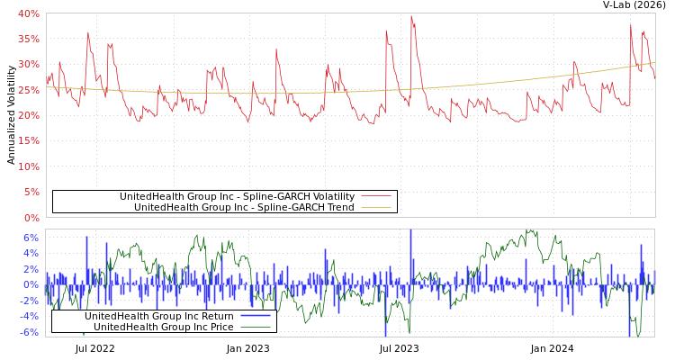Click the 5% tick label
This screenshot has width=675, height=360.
(x=31, y=192)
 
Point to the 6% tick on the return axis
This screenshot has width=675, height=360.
(x=31, y=238)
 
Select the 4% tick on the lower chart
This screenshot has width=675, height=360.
(x=31, y=254)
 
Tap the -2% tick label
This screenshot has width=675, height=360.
(x=29, y=301)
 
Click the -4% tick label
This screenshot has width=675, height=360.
(x=29, y=316)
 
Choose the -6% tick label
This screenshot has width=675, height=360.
(x=29, y=332)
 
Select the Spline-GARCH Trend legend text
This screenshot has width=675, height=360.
(x=244, y=207)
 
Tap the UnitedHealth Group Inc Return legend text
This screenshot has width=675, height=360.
(x=159, y=316)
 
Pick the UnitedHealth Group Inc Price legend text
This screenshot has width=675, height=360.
(x=164, y=327)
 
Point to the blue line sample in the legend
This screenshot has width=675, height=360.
(x=256, y=316)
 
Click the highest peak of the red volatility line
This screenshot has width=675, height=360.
(x=411, y=15)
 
